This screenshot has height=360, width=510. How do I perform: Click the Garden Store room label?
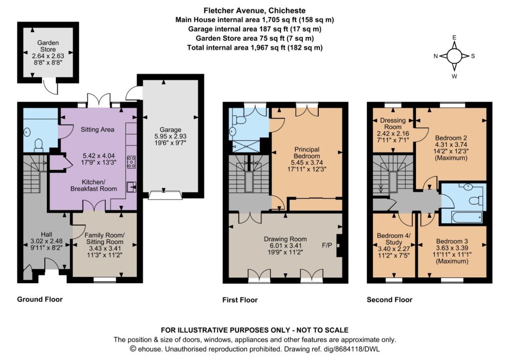click(48, 46)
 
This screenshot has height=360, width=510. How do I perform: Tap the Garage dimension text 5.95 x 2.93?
click(170, 136)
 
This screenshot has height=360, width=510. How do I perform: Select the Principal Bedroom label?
click(307, 152)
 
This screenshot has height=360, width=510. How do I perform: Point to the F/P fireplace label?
click(327, 245)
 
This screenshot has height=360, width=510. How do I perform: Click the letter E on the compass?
click(454, 37)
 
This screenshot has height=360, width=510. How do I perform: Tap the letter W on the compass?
click(454, 76)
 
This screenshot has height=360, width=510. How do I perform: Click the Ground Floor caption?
click(40, 299)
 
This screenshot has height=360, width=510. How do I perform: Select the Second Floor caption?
click(389, 300)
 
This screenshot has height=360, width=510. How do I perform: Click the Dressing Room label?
click(393, 123)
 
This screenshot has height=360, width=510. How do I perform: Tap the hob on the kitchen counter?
click(131, 162)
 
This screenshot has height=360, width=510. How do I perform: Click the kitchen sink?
click(131, 187)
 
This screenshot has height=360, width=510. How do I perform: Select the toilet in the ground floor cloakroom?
click(39, 145)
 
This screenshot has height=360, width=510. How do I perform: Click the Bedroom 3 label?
click(452, 241)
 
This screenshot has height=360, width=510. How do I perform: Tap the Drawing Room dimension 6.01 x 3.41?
click(285, 245)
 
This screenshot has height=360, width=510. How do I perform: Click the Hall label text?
click(46, 234)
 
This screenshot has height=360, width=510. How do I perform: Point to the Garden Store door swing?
click(51, 87)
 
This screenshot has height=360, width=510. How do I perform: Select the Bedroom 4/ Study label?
click(393, 239)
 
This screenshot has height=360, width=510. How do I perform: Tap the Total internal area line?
click(255, 47)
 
